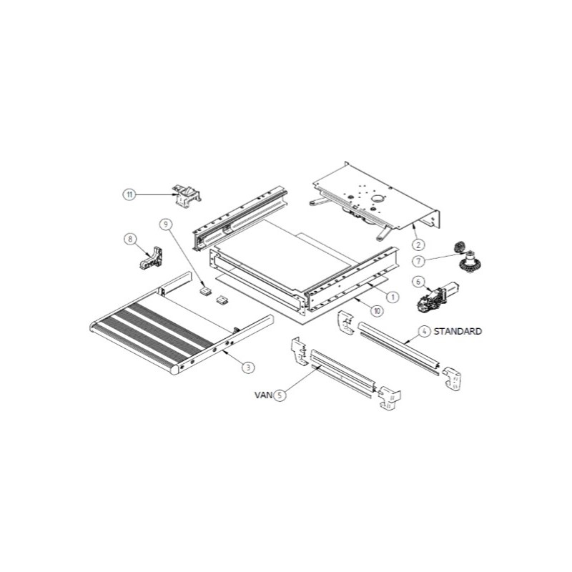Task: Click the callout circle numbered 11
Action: click(129, 194)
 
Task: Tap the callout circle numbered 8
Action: click(130, 240)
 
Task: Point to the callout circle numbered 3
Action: click(247, 368)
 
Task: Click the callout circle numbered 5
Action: click(280, 394)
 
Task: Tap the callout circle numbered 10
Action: click(377, 310)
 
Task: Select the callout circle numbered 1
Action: click(392, 295)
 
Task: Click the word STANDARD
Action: click(458, 332)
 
